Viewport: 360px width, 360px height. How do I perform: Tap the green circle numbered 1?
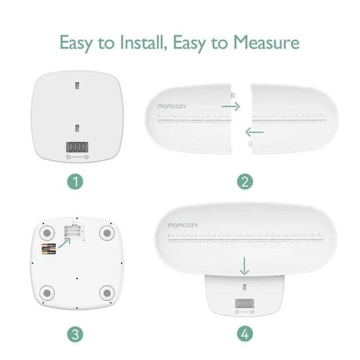(x=76, y=181)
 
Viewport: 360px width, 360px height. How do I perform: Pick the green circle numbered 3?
(x=76, y=333)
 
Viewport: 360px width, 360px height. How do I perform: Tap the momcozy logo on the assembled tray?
(x=171, y=224)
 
